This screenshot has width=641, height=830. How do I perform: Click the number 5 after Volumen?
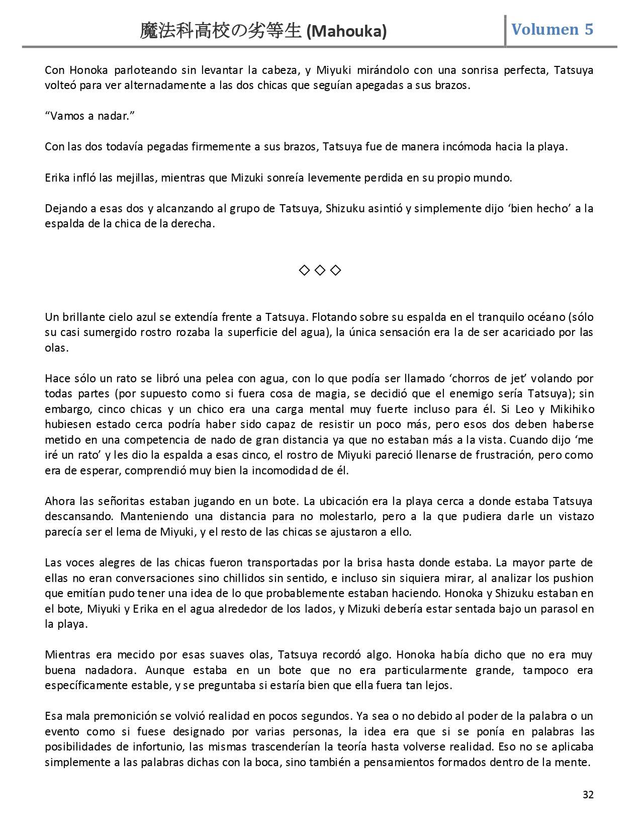pyautogui.click(x=588, y=29)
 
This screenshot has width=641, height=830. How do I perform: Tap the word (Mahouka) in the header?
pyautogui.click(x=346, y=32)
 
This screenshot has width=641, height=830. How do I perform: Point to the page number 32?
pyautogui.click(x=588, y=794)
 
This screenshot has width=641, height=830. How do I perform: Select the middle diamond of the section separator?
pyautogui.click(x=320, y=271)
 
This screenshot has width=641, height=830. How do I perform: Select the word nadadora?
pyautogui.click(x=105, y=670)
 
